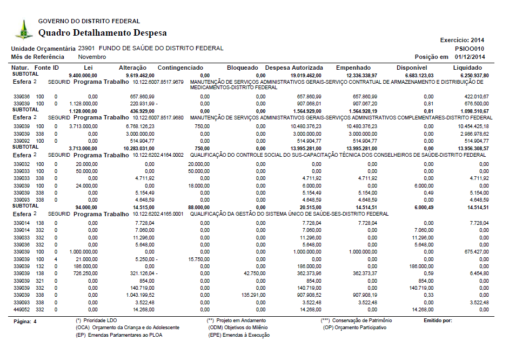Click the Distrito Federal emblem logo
(23, 29)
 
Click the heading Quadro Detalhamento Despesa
(103, 33)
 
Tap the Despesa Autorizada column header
(294, 68)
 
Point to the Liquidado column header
(467, 68)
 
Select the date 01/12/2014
(470, 57)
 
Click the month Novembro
(92, 57)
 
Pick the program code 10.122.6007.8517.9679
(158, 82)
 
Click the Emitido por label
(438, 321)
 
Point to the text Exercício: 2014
(463, 40)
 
